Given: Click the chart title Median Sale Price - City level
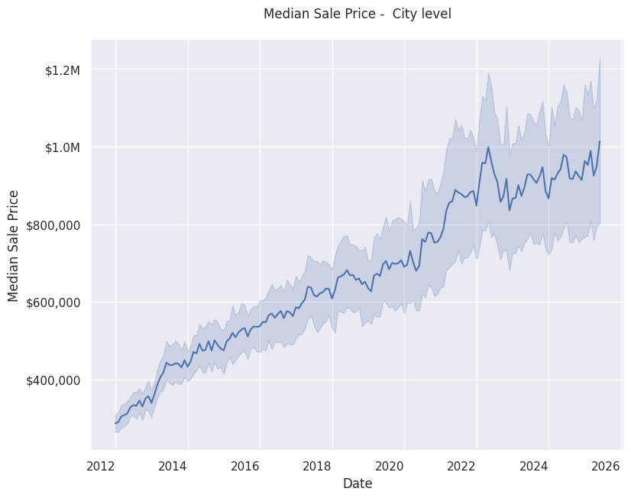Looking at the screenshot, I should [x=357, y=14].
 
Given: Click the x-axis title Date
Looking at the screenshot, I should [x=357, y=483].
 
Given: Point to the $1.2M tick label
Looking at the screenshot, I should [x=63, y=70].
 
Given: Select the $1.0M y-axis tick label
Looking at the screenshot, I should [x=63, y=147].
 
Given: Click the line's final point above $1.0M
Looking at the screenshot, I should [x=600, y=141].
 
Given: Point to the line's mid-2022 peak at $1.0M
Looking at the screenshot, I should [x=488, y=147].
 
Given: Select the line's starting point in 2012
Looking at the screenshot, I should [x=115, y=423].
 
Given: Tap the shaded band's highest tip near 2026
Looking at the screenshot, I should [x=600, y=58].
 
